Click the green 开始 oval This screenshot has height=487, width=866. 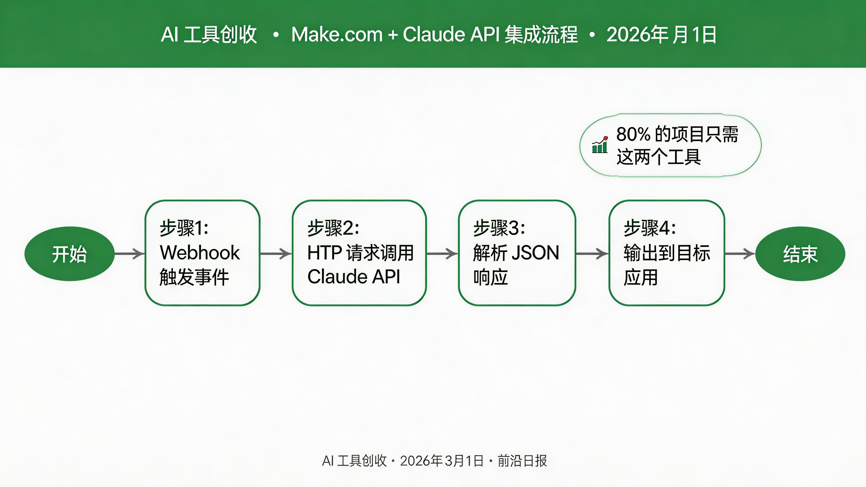pyautogui.click(x=69, y=254)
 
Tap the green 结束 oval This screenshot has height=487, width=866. pyautogui.click(x=800, y=254)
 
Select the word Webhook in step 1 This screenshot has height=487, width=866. pyautogui.click(x=200, y=253)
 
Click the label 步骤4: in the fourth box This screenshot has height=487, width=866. pyautogui.click(x=649, y=228)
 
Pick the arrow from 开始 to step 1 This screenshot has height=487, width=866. pyautogui.click(x=129, y=254)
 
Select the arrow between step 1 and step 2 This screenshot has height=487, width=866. pyautogui.click(x=276, y=254)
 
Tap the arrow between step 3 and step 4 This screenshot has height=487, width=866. pyautogui.click(x=592, y=254)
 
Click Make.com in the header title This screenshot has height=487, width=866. pyautogui.click(x=337, y=35)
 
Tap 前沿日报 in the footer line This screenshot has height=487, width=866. pyautogui.click(x=522, y=461)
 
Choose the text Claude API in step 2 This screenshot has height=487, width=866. pyautogui.click(x=354, y=277)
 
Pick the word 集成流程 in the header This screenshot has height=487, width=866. pyautogui.click(x=541, y=35)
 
